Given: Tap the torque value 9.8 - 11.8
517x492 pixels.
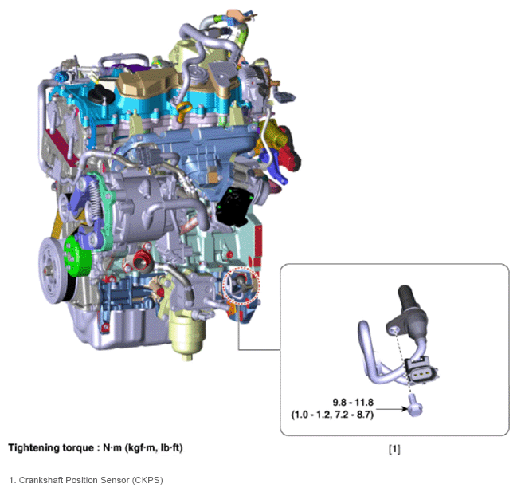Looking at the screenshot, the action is click(353, 403).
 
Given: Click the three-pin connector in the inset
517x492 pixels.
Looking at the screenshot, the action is click(421, 372).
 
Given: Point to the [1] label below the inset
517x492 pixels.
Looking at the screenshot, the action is click(394, 449).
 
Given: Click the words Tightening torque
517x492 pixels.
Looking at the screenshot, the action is click(51, 448).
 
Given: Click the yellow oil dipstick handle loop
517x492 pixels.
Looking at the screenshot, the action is click(184, 107).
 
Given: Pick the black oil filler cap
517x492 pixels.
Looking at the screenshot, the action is click(100, 94).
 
